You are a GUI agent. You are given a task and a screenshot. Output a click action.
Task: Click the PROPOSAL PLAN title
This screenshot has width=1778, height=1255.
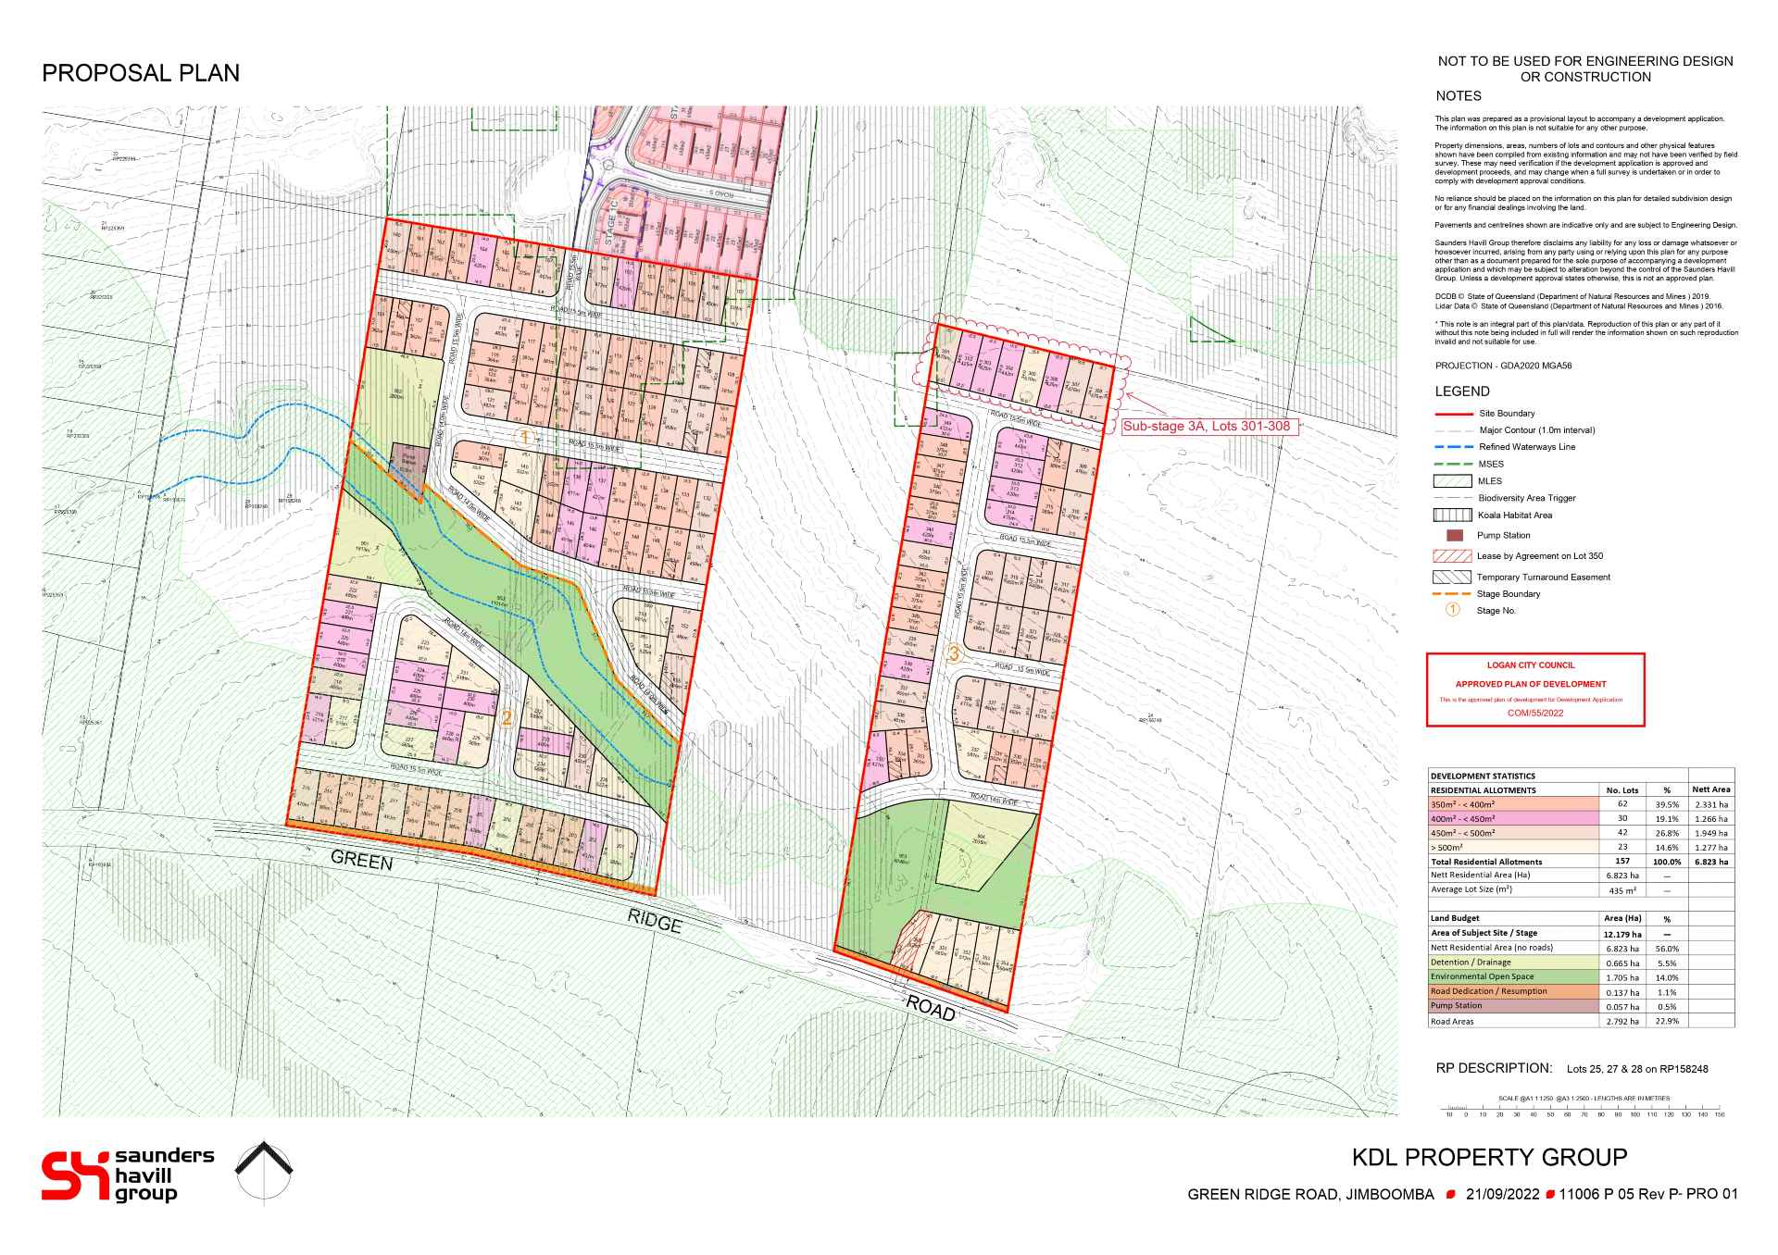pyautogui.click(x=141, y=74)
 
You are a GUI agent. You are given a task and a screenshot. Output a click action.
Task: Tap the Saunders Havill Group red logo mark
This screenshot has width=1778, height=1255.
pyautogui.click(x=75, y=1175)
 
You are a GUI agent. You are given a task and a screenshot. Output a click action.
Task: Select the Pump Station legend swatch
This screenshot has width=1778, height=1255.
pyautogui.click(x=1453, y=536)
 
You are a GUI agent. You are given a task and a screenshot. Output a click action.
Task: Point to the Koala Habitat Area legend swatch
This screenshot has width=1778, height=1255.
pyautogui.click(x=1452, y=516)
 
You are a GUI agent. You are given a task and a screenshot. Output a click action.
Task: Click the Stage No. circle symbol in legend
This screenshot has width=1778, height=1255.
pyautogui.click(x=1452, y=610)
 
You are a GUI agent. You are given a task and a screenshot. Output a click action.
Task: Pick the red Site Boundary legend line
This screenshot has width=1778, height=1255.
pyautogui.click(x=1452, y=414)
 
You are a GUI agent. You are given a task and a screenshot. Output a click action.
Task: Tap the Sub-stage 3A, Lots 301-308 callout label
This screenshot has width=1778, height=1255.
pyautogui.click(x=1206, y=427)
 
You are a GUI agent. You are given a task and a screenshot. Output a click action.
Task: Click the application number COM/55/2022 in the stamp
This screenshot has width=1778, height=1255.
pyautogui.click(x=1534, y=714)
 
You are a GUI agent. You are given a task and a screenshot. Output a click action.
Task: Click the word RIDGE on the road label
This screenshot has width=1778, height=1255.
pyautogui.click(x=654, y=921)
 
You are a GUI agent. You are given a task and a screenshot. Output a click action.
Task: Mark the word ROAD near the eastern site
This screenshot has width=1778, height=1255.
pyautogui.click(x=930, y=1008)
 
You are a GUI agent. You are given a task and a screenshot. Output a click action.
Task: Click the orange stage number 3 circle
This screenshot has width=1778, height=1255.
pyautogui.click(x=955, y=653)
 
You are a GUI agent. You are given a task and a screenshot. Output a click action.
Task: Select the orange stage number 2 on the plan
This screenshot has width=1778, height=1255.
pyautogui.click(x=507, y=717)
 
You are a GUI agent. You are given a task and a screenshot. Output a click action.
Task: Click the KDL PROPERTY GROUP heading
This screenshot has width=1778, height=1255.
pyautogui.click(x=1489, y=1157)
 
